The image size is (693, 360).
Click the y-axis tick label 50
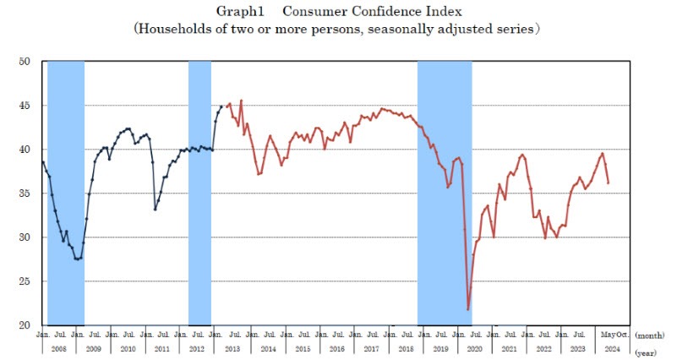pyautogui.click(x=25, y=62)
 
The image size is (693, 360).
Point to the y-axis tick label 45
pyautogui.click(x=25, y=106)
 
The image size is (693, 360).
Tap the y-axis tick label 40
pyautogui.click(x=25, y=150)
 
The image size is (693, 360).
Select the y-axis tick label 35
pyautogui.click(x=25, y=194)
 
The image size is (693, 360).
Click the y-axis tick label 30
pyautogui.click(x=25, y=237)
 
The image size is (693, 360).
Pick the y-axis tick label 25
pyautogui.click(x=25, y=281)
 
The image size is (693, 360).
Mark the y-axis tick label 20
pyautogui.click(x=25, y=325)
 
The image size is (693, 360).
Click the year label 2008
pyautogui.click(x=59, y=347)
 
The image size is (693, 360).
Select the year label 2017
pyautogui.click(x=370, y=347)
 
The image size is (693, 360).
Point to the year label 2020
pyautogui.click(x=474, y=347)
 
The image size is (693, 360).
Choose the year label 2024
pyautogui.click(x=612, y=347)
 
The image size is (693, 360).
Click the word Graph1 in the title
pyautogui.click(x=241, y=10)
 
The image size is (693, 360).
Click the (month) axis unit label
pyautogui.click(x=652, y=335)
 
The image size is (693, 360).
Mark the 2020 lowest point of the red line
pyautogui.click(x=468, y=309)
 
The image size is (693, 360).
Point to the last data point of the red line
pyautogui.click(x=608, y=183)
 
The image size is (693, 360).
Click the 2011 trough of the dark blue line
pyautogui.click(x=156, y=210)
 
